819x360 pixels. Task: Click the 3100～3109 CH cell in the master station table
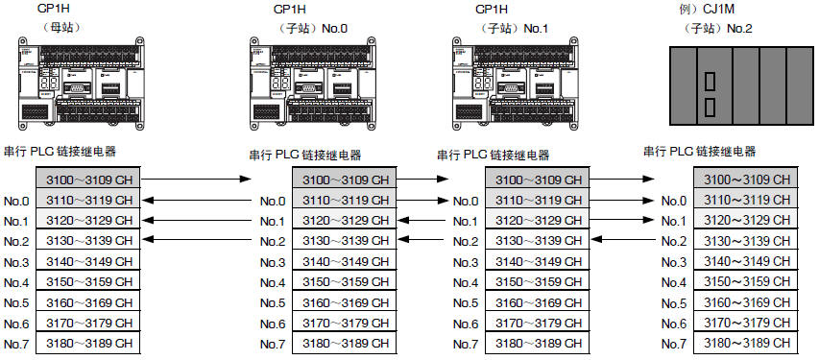coord(88,180)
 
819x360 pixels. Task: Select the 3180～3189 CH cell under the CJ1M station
coord(746,343)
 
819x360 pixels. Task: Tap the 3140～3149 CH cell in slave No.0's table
coord(345,262)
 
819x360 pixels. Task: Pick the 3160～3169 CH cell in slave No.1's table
coord(538,302)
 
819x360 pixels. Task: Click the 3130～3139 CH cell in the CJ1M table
coord(746,241)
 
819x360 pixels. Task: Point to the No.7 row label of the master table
coord(16,344)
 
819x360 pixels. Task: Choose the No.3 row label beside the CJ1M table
coord(674,262)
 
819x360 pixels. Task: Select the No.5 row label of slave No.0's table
coord(273,303)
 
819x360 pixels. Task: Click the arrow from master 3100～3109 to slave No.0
coord(197,180)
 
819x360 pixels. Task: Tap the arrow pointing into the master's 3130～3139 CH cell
coord(197,240)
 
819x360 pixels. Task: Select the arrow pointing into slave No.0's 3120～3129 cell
coord(423,220)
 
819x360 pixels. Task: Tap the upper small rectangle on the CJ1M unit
coord(710,82)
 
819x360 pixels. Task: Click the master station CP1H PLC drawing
coord(81,83)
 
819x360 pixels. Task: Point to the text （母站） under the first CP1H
coord(62,28)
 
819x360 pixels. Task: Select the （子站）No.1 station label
coord(514,28)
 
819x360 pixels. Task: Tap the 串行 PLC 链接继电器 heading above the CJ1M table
coord(699,152)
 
